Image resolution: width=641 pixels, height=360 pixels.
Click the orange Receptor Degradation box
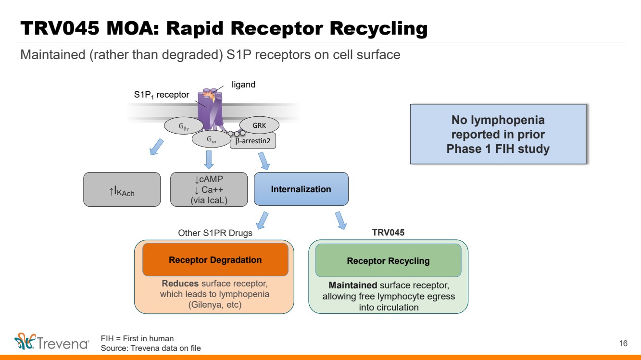215,260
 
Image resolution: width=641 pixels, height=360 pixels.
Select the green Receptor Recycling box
388,261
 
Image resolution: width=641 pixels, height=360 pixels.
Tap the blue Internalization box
301,189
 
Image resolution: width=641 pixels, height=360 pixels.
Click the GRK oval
259,125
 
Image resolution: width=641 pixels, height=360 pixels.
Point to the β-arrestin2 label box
252,141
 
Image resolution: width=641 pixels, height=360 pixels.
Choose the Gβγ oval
184,126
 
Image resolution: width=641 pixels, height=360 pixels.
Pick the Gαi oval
211,140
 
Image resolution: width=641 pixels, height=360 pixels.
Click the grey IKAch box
122,189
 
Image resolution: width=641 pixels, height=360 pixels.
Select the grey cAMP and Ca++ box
209,189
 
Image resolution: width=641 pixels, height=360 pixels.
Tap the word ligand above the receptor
243,85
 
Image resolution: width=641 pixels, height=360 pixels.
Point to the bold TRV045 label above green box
388,233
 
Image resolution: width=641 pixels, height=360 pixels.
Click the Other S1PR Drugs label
215,233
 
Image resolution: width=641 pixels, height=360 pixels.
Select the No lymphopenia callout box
498,135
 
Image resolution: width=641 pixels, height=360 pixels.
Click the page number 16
623,343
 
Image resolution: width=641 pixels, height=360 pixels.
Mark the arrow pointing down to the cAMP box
209,159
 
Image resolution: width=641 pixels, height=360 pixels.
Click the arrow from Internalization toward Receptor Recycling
340,220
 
